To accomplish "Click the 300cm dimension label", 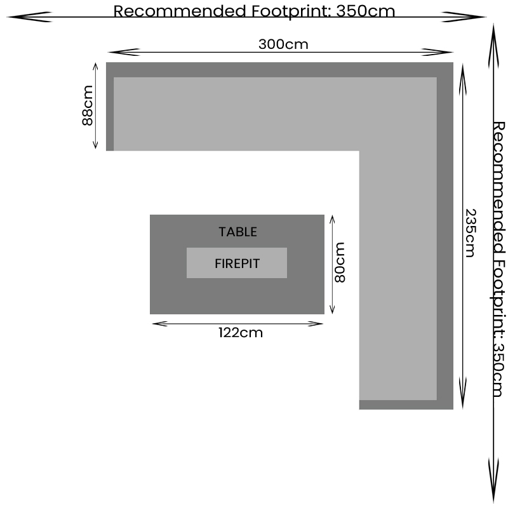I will [x=283, y=44].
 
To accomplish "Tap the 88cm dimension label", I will [x=88, y=105].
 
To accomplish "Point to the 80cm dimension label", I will [x=340, y=262].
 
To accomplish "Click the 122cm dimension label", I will [x=240, y=332].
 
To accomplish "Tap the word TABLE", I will [x=238, y=232].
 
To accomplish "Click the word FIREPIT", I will [x=237, y=263].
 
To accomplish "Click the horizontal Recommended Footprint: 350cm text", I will [x=254, y=11].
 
